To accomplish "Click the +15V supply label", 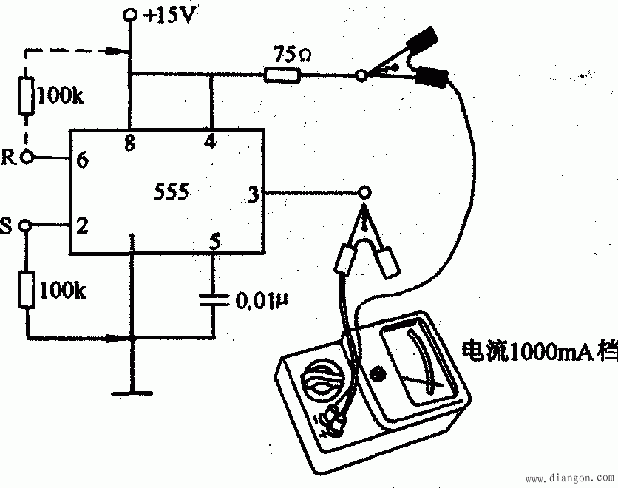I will (171, 14).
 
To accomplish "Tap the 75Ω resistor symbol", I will (282, 75).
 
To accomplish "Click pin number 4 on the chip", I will (211, 143).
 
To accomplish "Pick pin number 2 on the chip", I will (83, 226).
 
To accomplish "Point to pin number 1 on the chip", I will (132, 242).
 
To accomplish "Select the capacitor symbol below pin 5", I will (212, 301).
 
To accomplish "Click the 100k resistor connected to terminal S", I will (27, 289).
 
